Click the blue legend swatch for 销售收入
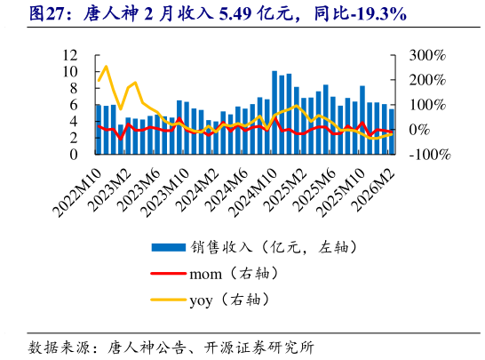click(168, 246)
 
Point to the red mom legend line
click(168, 273)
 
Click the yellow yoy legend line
click(168, 300)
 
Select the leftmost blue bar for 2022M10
click(99, 129)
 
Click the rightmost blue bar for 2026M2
click(392, 132)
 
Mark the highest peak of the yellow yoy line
click(106, 67)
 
